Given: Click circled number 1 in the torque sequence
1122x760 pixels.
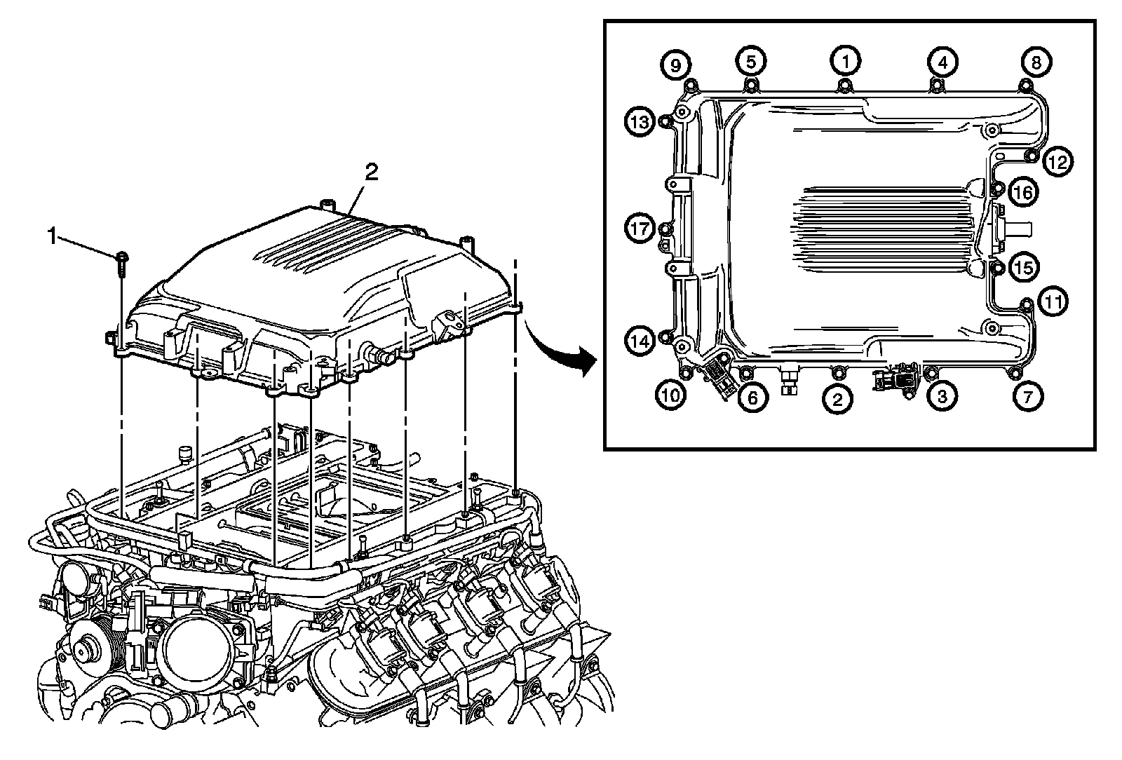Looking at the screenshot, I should coord(845,61).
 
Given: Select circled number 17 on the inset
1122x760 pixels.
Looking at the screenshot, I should coord(640,229).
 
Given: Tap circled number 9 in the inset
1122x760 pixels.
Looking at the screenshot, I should coord(675,65).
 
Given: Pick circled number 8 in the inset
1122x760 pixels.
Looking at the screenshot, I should coord(1036,62).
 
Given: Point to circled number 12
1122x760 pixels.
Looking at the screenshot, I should coord(1057,163).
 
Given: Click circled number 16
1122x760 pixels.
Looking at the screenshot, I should coord(1023,191).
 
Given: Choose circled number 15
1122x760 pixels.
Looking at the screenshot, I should coord(1023,267).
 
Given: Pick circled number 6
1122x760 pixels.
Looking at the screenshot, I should coord(751,398).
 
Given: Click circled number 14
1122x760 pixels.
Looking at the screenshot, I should coord(640,341).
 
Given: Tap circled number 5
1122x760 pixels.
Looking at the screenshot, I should coord(750,61).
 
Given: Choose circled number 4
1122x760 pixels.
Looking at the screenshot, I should coord(942,62).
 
